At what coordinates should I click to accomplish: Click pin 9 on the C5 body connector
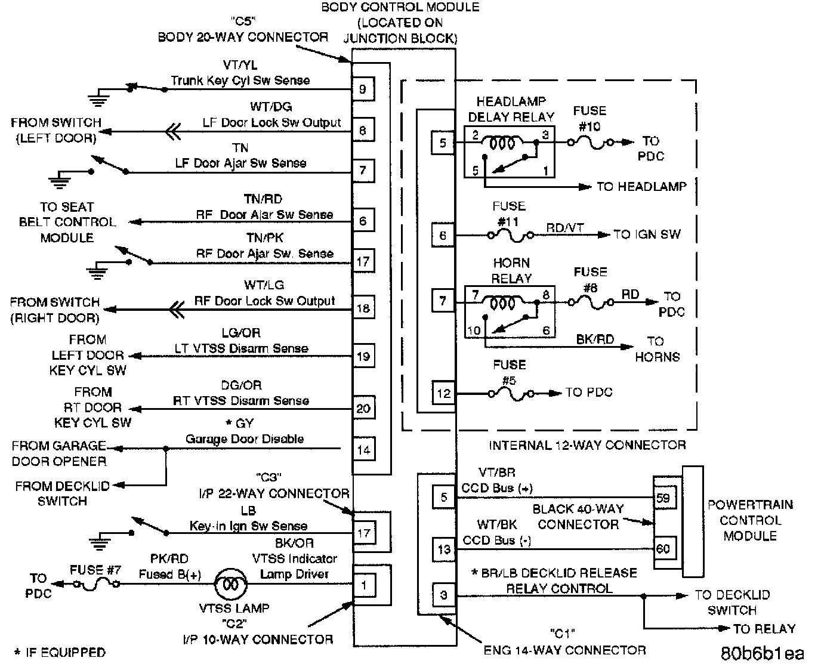pos(363,89)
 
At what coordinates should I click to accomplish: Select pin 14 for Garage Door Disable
pos(363,450)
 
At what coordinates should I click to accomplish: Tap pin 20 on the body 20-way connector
pos(363,409)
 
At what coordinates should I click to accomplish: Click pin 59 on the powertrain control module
pos(663,498)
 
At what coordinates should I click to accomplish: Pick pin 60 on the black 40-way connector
pos(663,549)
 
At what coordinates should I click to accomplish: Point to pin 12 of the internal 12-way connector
pos(443,393)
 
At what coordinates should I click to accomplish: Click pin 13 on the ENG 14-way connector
pos(444,549)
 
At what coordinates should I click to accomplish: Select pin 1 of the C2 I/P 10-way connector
pos(364,585)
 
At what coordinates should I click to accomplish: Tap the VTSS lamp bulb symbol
pos(232,585)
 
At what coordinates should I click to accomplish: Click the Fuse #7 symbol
pos(95,585)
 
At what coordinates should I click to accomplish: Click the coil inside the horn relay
pos(502,303)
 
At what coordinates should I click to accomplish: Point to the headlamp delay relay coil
pos(502,143)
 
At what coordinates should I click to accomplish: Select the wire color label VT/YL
pos(240,65)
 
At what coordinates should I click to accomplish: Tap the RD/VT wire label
pos(564,228)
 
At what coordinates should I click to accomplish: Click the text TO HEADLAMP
pos(641,187)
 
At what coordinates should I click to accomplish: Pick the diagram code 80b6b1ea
pos(762,653)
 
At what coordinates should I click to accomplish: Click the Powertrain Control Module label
pos(749,520)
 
